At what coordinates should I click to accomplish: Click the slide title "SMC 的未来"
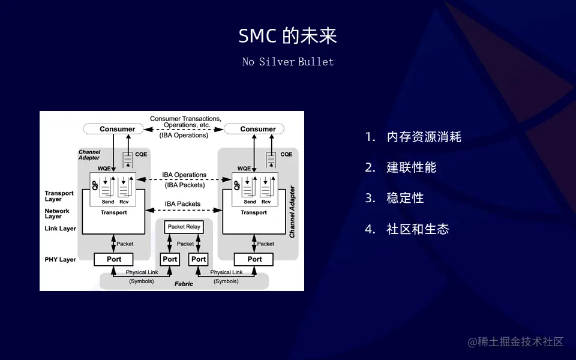click(x=288, y=36)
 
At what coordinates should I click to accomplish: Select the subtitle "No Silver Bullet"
click(x=288, y=62)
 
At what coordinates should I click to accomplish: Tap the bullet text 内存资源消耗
click(x=424, y=137)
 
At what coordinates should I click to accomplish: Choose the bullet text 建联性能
click(x=411, y=167)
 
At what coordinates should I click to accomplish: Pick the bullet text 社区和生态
click(x=418, y=229)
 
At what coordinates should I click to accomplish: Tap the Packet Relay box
click(x=184, y=227)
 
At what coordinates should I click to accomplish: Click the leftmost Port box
click(x=114, y=259)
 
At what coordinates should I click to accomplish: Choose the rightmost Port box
click(x=254, y=259)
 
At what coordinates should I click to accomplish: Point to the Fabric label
click(x=184, y=284)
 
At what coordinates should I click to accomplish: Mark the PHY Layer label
click(x=60, y=260)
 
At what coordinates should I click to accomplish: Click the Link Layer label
click(x=60, y=229)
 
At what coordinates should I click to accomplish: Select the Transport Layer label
click(x=59, y=196)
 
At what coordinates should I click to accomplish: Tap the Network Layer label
click(x=57, y=214)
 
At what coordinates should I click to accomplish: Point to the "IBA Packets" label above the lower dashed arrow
click(x=182, y=204)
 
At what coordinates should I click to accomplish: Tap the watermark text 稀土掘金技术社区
click(x=516, y=342)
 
